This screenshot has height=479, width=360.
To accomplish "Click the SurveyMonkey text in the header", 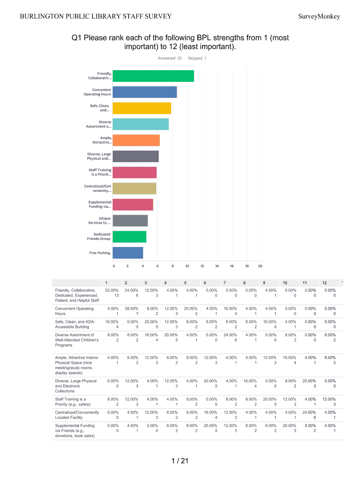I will coord(319,17).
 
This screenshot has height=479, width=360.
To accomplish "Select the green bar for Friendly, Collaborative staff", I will coord(153,76).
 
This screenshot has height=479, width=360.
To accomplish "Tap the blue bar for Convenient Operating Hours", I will coord(145,92).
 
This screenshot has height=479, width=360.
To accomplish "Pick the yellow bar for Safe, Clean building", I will coord(142,108).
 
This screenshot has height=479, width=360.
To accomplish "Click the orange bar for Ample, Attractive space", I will coord(137,140).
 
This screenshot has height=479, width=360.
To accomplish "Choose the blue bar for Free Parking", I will coord(128,253).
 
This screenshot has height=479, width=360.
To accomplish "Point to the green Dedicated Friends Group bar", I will coord(130,237).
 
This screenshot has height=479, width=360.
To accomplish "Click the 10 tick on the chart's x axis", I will coord(187,266).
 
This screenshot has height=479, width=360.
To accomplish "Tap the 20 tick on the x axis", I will coord(260,266).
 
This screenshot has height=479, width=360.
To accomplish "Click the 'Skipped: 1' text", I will coord(197,58).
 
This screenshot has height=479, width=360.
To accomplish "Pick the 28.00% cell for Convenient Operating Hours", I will coord(131,309).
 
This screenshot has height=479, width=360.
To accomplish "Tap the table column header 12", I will coord(324,283).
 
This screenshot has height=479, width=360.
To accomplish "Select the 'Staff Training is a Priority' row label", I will coord(71,402).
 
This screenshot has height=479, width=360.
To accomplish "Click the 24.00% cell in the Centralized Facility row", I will coord(304,413).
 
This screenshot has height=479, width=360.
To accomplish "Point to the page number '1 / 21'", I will coord(180,461).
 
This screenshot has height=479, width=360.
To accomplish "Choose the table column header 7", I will coord(225,283).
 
